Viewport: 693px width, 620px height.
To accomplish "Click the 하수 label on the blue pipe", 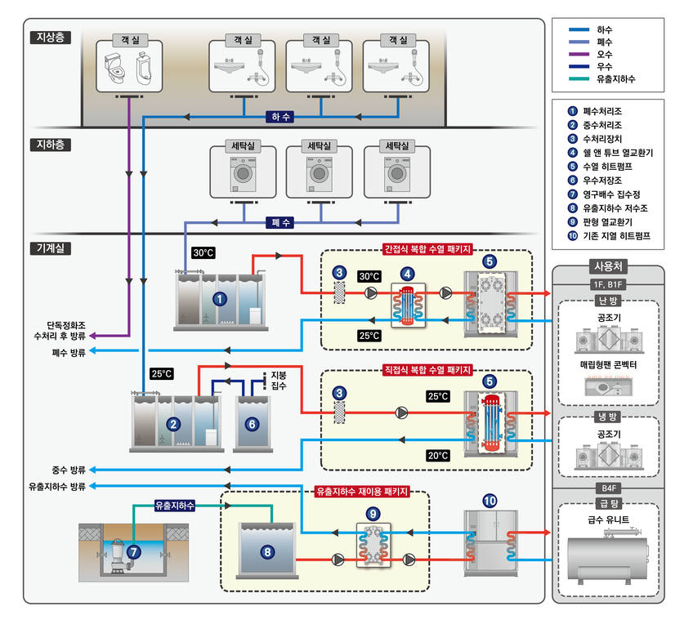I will click(x=280, y=117).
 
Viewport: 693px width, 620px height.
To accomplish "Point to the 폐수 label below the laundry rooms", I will click(x=280, y=222).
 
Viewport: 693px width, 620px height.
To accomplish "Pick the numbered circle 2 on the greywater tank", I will click(x=172, y=423).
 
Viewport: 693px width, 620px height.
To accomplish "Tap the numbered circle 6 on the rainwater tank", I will click(x=252, y=423).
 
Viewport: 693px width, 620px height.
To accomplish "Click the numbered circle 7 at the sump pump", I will click(x=134, y=552).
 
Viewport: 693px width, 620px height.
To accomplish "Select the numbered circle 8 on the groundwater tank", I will click(x=267, y=552).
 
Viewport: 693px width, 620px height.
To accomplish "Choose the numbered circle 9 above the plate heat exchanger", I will click(x=373, y=513).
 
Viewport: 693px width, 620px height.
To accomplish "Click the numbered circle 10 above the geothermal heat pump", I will click(x=490, y=500).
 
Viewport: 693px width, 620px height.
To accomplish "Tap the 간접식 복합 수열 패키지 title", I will click(x=427, y=250).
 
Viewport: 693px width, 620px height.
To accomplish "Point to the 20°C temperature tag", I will click(x=438, y=455).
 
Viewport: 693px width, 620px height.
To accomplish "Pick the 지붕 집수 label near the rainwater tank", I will click(x=279, y=380).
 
